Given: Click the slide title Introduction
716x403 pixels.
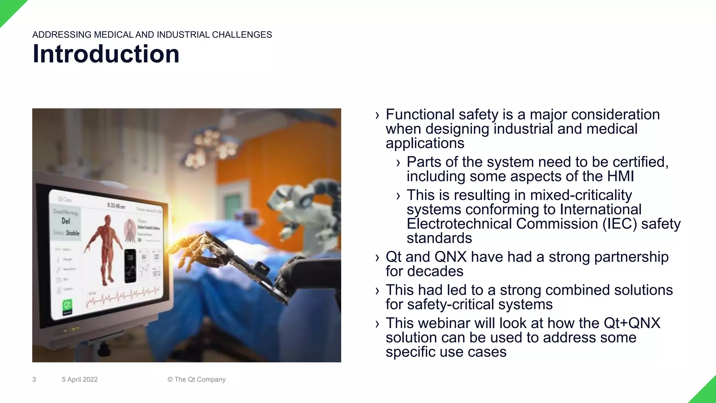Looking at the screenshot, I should [106, 54].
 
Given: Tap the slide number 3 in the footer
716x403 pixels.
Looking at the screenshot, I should [34, 380].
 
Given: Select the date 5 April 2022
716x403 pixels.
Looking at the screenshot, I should [80, 380].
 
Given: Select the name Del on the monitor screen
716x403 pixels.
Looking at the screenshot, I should [66, 221].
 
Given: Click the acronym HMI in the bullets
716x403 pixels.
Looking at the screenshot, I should [620, 176].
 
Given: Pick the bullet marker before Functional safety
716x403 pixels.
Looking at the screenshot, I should [377, 115].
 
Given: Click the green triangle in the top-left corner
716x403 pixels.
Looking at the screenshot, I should [9, 9].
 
